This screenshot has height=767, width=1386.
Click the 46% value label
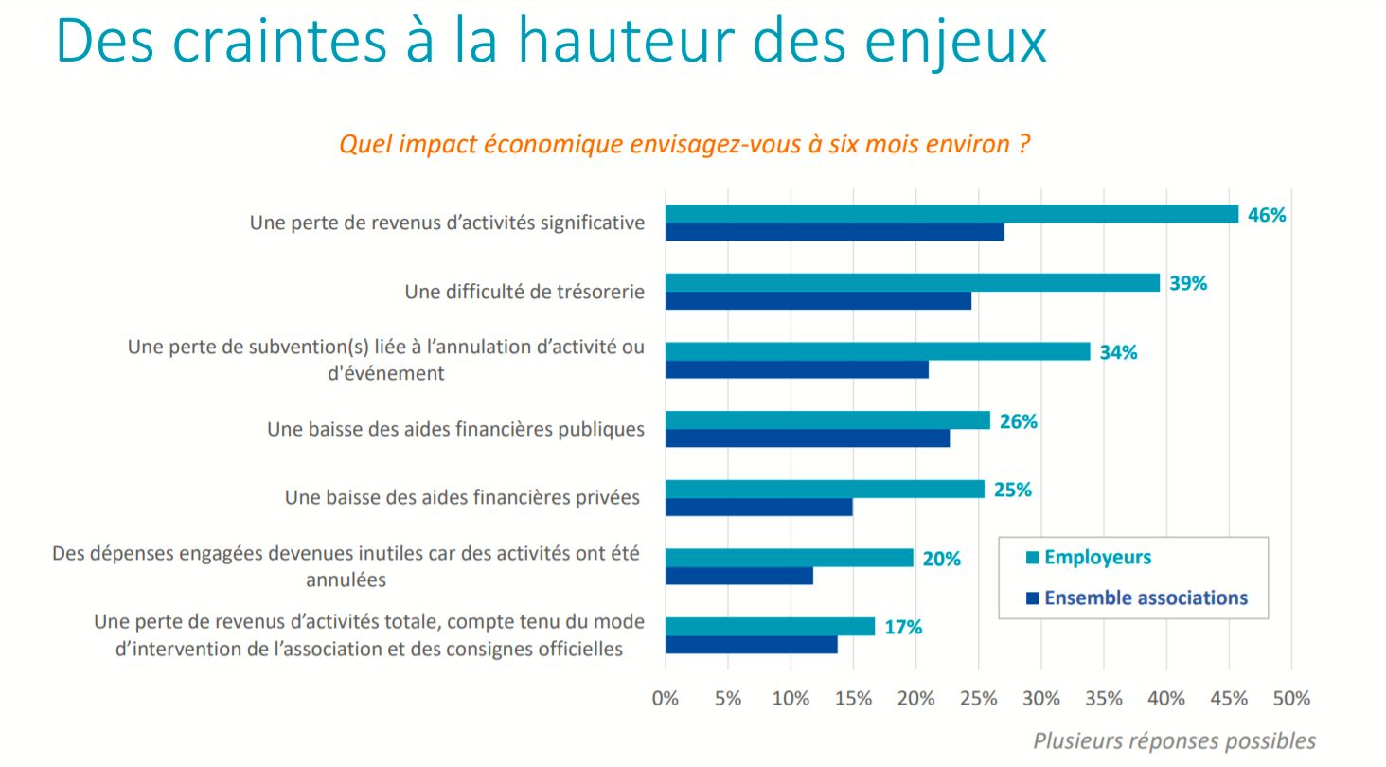(1267, 215)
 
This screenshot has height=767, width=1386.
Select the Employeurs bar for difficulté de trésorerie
(913, 282)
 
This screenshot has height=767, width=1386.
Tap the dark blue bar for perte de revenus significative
(834, 232)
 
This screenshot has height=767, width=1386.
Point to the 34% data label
(1118, 352)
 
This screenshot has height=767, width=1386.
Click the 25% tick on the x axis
(979, 699)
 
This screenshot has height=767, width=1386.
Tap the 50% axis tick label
(1291, 699)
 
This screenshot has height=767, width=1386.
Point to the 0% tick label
(666, 699)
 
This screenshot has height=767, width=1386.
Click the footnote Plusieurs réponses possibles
(1174, 740)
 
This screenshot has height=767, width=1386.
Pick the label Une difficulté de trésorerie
(524, 292)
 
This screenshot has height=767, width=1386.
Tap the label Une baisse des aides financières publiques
(455, 429)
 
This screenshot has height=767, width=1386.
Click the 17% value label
(903, 627)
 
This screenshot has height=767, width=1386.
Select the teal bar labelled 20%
(790, 558)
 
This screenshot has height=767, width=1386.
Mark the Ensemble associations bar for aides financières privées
(758, 507)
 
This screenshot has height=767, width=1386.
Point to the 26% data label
(1019, 421)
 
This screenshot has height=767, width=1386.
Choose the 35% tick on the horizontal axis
(1104, 699)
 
